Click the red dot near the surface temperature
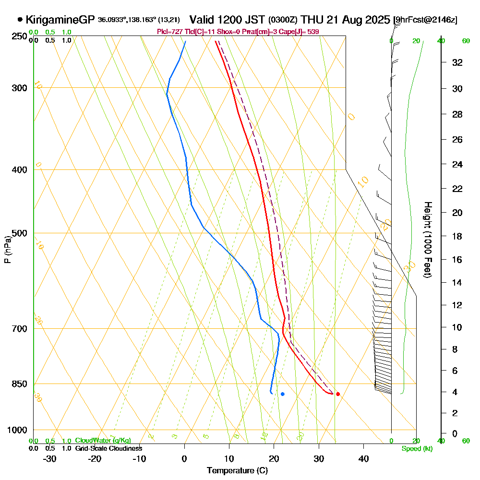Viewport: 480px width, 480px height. pos(338,394)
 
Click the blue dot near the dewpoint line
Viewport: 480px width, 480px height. pos(283,394)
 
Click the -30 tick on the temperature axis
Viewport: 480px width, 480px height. pos(50,459)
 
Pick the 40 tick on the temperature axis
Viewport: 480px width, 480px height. pos(363,459)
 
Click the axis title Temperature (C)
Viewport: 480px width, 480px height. pos(237,471)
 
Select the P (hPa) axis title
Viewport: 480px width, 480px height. pos(8,250)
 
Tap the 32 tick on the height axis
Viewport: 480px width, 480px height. pos(457,62)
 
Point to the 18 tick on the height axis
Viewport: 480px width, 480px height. pos(457,236)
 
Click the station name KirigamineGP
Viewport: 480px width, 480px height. pos(60,20)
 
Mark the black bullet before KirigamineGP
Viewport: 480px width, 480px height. pos(20,20)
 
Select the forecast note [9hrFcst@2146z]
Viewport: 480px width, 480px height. pos(425,20)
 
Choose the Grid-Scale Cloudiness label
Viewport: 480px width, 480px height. pos(108,448)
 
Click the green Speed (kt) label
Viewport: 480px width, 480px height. pos(417,448)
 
